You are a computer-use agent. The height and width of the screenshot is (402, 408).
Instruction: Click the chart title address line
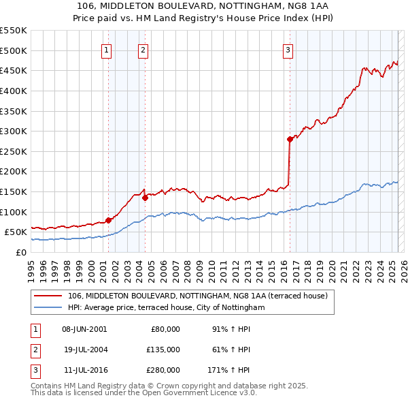click(x=204, y=5)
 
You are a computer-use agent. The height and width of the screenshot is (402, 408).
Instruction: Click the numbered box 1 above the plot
click(x=107, y=49)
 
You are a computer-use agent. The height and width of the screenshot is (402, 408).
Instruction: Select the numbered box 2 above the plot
click(x=143, y=49)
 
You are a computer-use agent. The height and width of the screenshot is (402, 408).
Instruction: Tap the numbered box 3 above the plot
click(x=288, y=49)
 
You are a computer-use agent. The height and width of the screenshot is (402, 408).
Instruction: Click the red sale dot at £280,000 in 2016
click(x=290, y=139)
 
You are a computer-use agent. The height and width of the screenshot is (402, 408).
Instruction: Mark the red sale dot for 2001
click(x=109, y=220)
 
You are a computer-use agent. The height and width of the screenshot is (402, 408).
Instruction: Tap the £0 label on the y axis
click(x=20, y=253)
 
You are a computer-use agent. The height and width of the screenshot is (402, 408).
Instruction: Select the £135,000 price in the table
click(x=163, y=350)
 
